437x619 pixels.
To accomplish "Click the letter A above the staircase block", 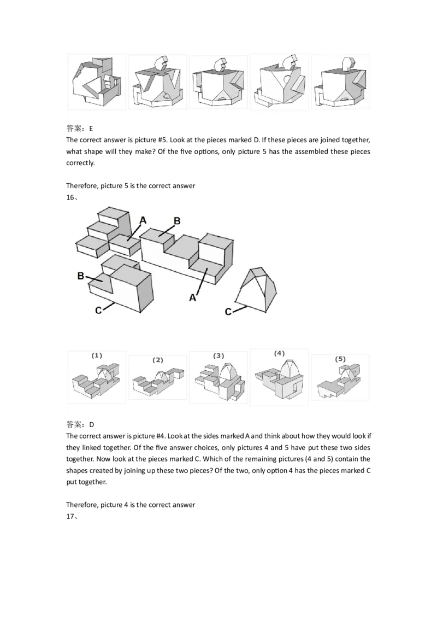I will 143,220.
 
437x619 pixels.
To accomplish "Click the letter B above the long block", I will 177,221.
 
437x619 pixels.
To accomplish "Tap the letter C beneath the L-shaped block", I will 98,310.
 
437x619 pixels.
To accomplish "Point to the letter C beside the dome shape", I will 228,312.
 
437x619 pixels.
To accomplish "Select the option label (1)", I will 96,355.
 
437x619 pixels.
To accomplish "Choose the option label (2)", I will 158,360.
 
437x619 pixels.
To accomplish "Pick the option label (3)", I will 218,355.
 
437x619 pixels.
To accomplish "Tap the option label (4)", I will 279,353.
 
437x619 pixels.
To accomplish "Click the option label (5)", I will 340,359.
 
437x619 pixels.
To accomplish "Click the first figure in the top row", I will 96,81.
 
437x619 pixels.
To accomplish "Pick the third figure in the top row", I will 218,81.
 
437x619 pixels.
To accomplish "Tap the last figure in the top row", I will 340,81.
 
